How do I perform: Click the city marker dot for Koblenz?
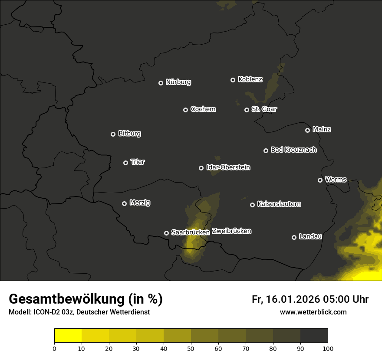tap(233, 80)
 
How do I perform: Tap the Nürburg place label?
tap(178, 82)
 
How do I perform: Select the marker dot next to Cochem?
tap(185, 110)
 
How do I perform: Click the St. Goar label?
tap(264, 109)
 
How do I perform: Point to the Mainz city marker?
tap(307, 130)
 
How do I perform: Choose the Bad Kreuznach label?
tap(293, 150)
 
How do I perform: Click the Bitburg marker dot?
tap(113, 134)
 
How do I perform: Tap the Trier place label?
tap(138, 162)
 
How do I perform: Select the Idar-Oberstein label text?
tap(228, 167)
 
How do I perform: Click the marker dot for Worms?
tap(320, 180)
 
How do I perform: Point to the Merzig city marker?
tap(124, 203)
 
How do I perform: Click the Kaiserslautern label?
tap(279, 204)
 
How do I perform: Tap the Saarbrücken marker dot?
tap(166, 233)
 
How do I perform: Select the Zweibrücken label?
tap(231, 231)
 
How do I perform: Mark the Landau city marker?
tap(294, 237)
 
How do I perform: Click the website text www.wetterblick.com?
tap(313, 312)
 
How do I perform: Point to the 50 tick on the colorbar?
tap(191, 348)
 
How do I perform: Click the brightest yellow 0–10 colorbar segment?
tap(68, 335)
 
